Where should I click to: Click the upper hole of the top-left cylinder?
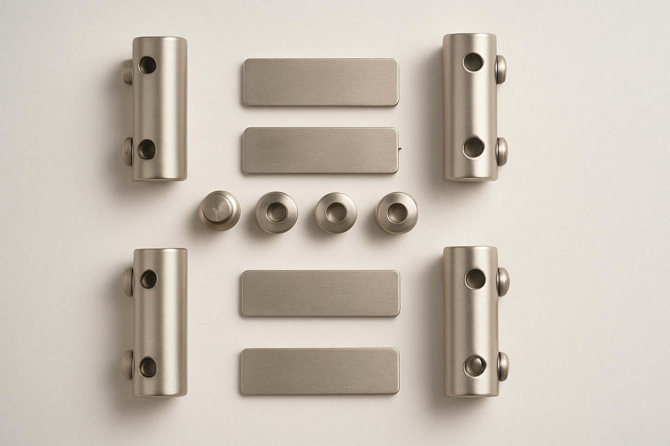tap(149, 64)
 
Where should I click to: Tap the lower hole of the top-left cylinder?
tap(147, 149)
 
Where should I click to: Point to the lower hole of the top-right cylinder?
tap(473, 147)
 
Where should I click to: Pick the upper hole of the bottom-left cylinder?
tap(149, 278)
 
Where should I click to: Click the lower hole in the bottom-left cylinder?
tap(147, 365)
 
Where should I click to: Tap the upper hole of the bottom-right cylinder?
tap(475, 277)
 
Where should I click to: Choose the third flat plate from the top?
tap(320, 294)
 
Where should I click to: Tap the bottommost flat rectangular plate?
tap(320, 371)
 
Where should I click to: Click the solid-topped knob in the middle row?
tap(219, 213)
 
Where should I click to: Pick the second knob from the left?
tap(277, 212)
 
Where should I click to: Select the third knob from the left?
tap(336, 213)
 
